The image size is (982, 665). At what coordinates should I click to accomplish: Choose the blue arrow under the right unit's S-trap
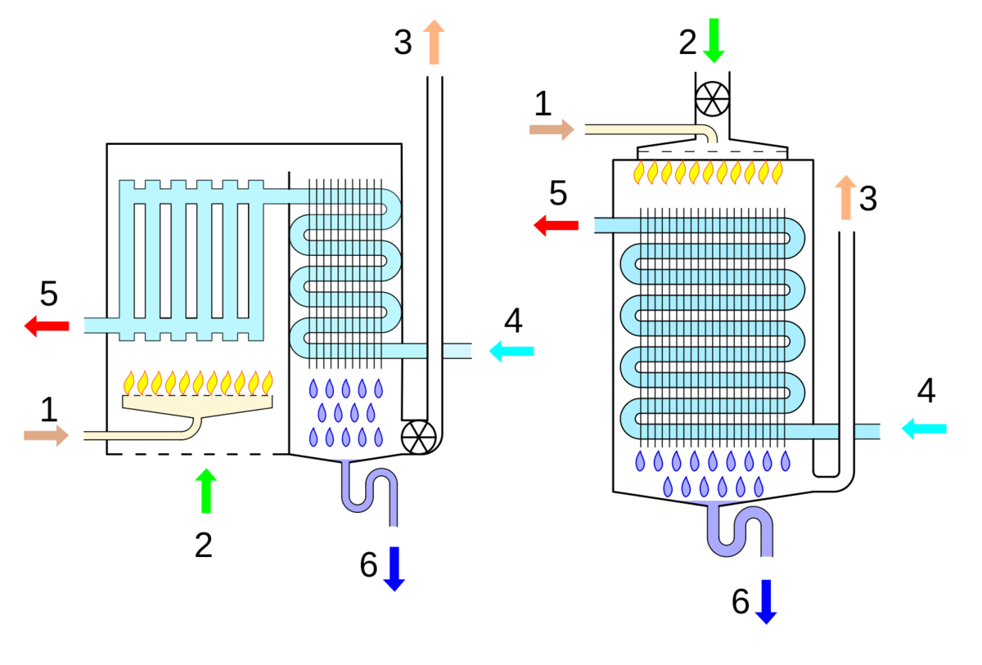(x=766, y=602)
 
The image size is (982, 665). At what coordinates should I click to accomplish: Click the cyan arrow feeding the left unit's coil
(x=511, y=351)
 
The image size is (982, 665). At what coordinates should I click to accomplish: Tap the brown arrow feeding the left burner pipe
(x=47, y=435)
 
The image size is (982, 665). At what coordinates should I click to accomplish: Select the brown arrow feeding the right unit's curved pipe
(x=552, y=129)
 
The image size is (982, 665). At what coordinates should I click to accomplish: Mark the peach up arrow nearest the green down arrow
(x=434, y=42)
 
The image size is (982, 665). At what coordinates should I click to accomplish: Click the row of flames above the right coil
(x=709, y=173)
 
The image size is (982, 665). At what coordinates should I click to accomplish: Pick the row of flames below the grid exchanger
(x=198, y=382)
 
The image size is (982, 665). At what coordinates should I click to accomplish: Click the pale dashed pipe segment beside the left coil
(x=458, y=351)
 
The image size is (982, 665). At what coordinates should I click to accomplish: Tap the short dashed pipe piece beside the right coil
(x=868, y=430)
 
